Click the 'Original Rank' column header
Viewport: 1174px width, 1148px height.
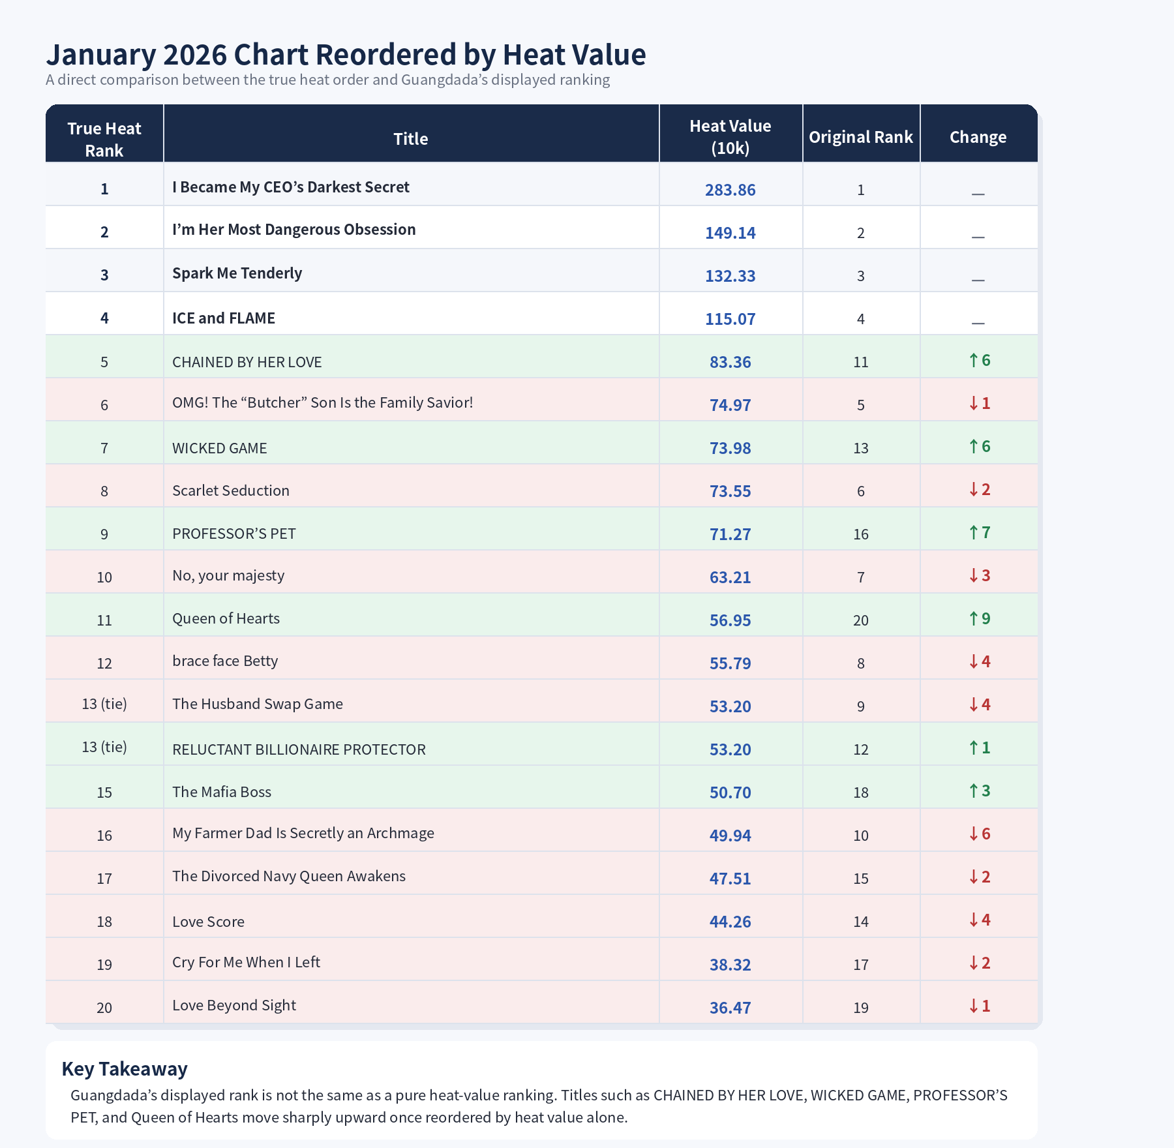tap(860, 137)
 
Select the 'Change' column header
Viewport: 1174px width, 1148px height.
tap(978, 137)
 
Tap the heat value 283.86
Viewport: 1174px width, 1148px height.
tap(730, 190)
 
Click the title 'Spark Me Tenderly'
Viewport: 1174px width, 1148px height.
tap(237, 273)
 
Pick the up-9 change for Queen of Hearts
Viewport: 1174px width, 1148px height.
tap(979, 618)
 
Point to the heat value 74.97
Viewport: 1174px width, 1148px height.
tap(730, 405)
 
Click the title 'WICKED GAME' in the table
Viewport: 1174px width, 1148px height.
tap(220, 448)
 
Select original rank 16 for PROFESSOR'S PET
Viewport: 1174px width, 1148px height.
tap(860, 534)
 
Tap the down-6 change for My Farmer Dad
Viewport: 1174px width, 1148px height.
tap(979, 834)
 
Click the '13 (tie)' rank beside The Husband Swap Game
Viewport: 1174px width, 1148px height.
tap(104, 704)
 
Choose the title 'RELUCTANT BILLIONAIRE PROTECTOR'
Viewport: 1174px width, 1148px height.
tap(299, 749)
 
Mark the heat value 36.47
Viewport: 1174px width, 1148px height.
tap(730, 1008)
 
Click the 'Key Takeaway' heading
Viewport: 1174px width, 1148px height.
tap(125, 1069)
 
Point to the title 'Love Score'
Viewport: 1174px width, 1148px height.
tap(208, 922)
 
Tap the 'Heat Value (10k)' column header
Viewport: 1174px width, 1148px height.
tap(730, 137)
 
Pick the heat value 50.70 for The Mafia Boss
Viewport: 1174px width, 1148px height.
tap(730, 793)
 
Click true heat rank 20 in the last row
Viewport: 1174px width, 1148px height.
tap(104, 1008)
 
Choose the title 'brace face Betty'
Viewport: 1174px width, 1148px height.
tap(225, 661)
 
